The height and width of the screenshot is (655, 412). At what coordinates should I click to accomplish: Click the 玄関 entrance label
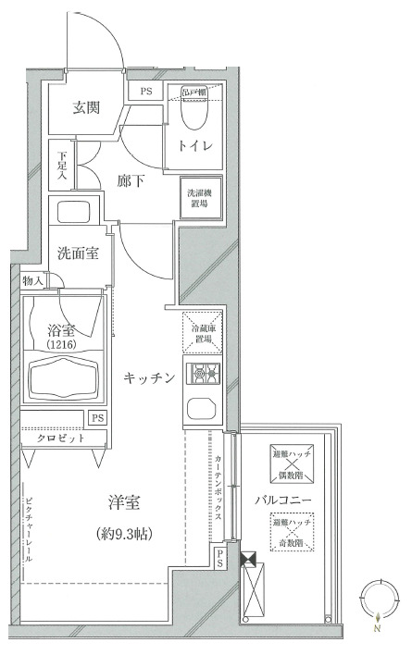89,107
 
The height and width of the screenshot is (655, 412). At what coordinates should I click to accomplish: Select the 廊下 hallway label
131,181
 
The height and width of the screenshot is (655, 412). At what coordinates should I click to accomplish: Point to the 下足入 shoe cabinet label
61,167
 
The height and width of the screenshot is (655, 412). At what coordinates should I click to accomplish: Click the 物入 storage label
32,280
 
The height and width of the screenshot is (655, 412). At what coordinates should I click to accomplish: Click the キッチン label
149,377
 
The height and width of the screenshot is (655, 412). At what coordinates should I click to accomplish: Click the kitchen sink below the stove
200,409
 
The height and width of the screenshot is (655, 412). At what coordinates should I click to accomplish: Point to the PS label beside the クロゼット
97,417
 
